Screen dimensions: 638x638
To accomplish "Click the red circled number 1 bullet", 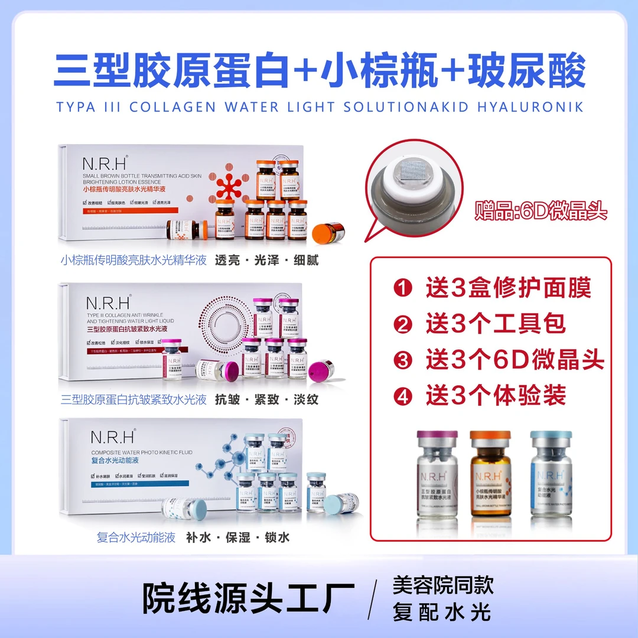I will tap(403, 289).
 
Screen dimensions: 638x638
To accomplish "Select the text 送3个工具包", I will tap(496, 324).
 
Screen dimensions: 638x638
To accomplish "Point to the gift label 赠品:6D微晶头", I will tap(541, 211).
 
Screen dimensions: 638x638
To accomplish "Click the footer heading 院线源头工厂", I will tap(249, 597).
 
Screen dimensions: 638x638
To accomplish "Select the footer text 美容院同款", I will tap(442, 585).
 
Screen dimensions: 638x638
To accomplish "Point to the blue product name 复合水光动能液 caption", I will tap(136, 538).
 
